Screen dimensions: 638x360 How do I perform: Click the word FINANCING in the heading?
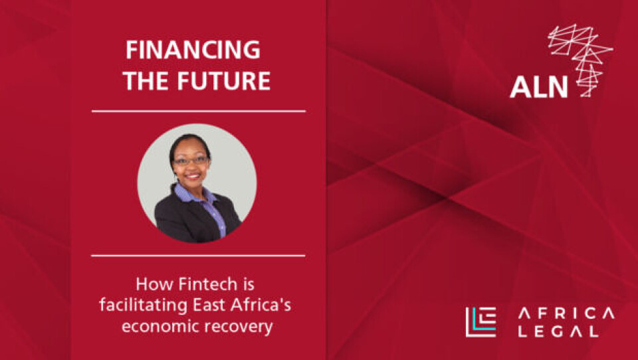(x=193, y=50)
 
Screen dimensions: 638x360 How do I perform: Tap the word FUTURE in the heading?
(x=224, y=80)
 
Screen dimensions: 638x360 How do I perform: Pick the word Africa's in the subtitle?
(x=261, y=305)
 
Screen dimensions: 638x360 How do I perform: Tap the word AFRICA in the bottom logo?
(x=566, y=314)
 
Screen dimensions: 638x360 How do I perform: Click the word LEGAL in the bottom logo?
(x=558, y=331)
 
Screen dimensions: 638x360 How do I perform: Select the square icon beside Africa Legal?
(x=480, y=322)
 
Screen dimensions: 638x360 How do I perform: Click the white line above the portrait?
(x=199, y=111)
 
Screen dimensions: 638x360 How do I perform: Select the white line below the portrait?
(x=199, y=256)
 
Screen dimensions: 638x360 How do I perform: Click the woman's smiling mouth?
(x=193, y=176)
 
